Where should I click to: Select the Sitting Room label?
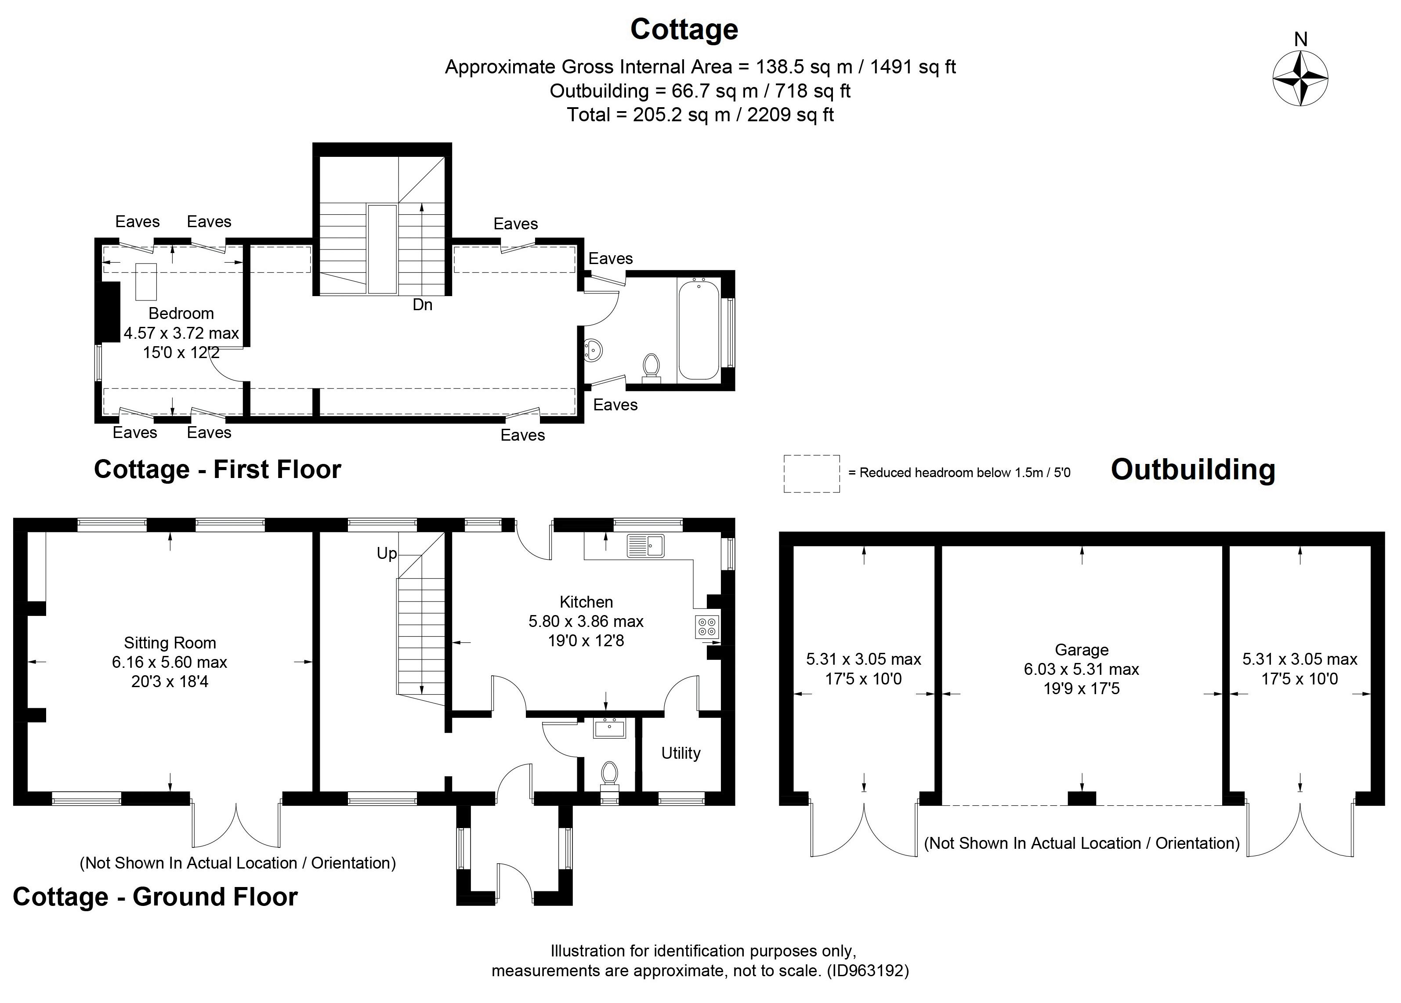[x=170, y=643]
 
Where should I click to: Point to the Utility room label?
[x=681, y=753]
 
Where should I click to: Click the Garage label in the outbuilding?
[x=1081, y=650]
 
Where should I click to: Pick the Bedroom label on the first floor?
[x=181, y=313]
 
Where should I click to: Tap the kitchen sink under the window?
[x=645, y=546]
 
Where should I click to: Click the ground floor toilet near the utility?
[x=609, y=775]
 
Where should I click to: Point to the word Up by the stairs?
[x=387, y=554]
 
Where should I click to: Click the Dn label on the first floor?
[x=422, y=305]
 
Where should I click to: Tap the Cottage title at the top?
[x=684, y=29]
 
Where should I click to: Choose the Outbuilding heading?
[x=1193, y=469]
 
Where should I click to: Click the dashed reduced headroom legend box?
[x=811, y=474]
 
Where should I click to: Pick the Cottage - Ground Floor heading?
[x=155, y=897]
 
